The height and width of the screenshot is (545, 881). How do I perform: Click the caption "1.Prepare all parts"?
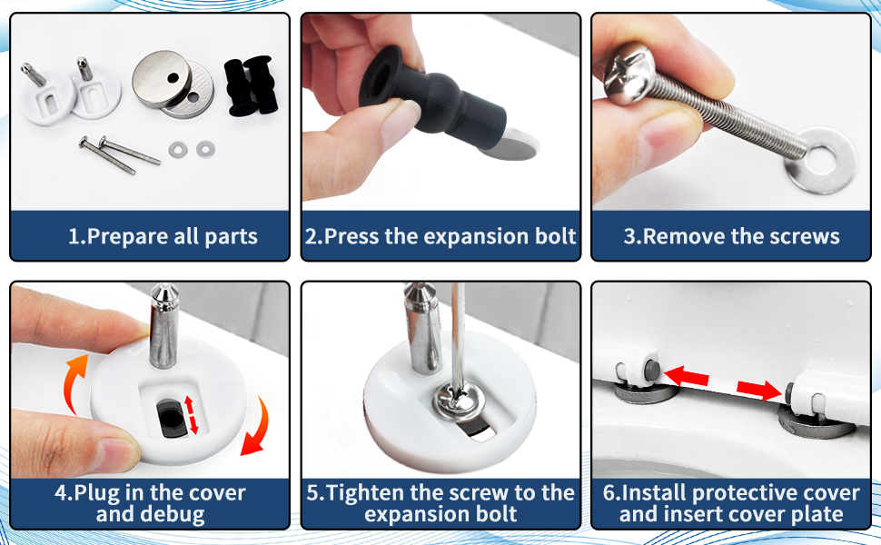pyautogui.click(x=163, y=237)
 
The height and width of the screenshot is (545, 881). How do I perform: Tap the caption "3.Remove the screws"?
pyautogui.click(x=731, y=237)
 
